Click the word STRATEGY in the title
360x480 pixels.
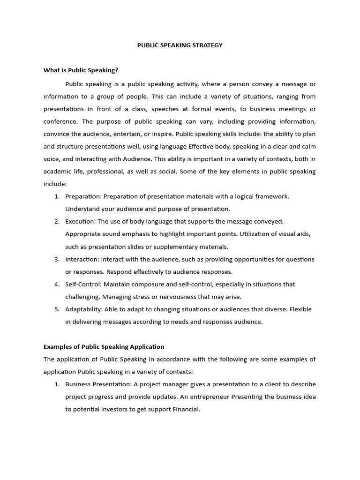click(x=207, y=45)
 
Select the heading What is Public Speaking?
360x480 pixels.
click(x=81, y=70)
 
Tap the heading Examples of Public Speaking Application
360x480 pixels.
click(x=104, y=347)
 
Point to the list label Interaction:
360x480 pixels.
click(x=82, y=259)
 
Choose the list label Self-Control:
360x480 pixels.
click(x=83, y=284)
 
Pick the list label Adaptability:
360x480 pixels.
click(x=84, y=309)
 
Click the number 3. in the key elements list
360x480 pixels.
click(x=57, y=259)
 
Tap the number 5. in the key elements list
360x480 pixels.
click(x=57, y=309)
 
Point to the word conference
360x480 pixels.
click(x=60, y=121)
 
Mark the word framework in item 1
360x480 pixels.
click(x=271, y=196)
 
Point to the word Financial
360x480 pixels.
click(x=186, y=409)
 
